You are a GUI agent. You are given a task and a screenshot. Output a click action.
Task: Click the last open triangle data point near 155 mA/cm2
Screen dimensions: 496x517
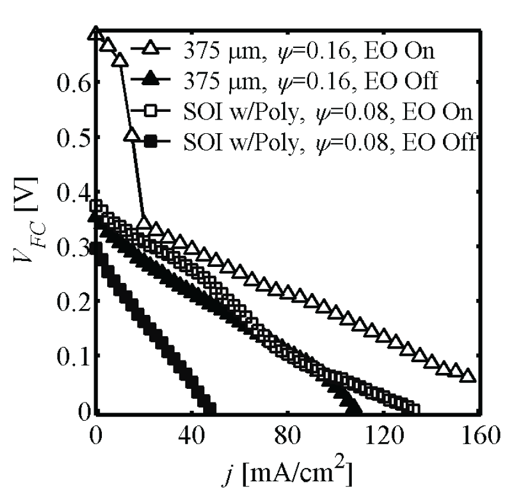point(467,375)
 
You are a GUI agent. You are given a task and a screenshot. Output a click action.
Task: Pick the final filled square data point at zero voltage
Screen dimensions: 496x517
point(209,408)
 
